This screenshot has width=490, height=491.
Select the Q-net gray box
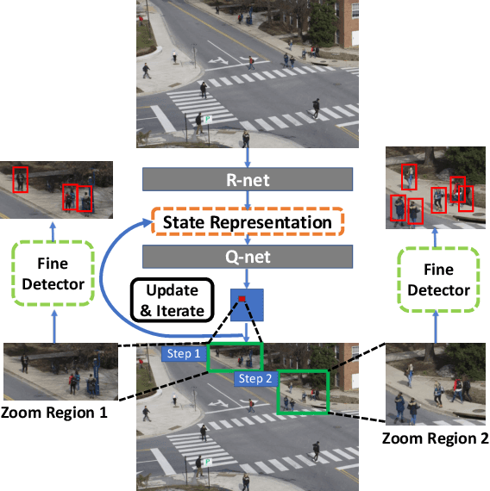pyautogui.click(x=248, y=257)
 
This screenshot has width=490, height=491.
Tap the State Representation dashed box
pyautogui.click(x=248, y=222)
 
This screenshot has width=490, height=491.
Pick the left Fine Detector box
pyautogui.click(x=51, y=273)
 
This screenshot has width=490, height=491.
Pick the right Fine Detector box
pyautogui.click(x=438, y=280)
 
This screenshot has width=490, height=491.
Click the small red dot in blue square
pyautogui.click(x=242, y=298)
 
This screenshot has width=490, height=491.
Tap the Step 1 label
pyautogui.click(x=184, y=353)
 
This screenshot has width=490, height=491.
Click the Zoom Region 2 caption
pyautogui.click(x=436, y=438)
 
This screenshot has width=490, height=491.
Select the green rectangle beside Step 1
pyautogui.click(x=233, y=358)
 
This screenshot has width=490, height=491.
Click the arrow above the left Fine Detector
pyautogui.click(x=51, y=230)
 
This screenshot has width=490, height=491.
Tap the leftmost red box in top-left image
pyautogui.click(x=22, y=179)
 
